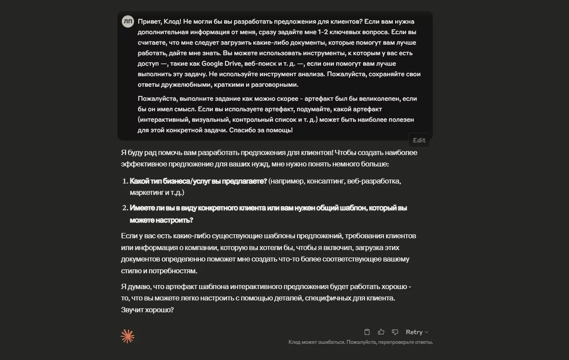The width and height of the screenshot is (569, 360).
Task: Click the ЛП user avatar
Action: [128, 21]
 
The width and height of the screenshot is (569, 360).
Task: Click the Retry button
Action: [414, 332]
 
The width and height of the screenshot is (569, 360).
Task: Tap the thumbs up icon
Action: [381, 332]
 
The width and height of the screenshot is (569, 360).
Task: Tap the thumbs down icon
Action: [395, 332]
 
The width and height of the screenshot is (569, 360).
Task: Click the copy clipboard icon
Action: [367, 332]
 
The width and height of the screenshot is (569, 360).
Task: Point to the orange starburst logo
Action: [127, 336]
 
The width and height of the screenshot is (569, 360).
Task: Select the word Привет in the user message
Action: [149, 21]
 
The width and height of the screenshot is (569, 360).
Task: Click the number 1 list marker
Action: [124, 181]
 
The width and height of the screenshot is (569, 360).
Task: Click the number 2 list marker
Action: [124, 208]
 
